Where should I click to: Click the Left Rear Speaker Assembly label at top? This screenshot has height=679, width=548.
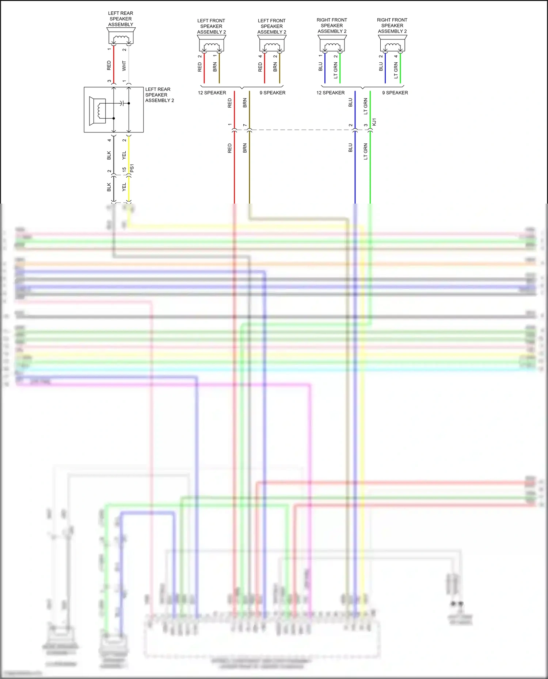tap(121, 19)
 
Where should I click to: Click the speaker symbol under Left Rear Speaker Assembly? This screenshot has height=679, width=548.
tap(121, 36)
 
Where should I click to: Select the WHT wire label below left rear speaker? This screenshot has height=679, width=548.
tap(124, 66)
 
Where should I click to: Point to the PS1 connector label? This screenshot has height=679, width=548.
tap(132, 168)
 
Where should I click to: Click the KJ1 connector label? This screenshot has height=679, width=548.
tap(374, 122)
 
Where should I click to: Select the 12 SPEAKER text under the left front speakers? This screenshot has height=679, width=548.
tap(212, 93)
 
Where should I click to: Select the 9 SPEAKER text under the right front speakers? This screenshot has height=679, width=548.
tap(395, 93)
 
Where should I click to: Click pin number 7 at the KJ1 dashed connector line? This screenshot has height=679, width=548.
tap(245, 125)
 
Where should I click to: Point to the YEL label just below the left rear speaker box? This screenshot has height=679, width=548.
tap(124, 155)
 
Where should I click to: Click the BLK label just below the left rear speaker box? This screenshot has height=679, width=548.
tap(109, 155)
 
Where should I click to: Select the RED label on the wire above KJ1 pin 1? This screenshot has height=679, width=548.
tap(230, 103)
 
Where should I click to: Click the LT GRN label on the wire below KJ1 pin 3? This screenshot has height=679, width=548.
tap(366, 151)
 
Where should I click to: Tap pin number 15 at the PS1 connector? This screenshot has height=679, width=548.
tap(124, 170)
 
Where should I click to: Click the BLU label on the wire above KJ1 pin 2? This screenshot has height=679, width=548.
tap(350, 103)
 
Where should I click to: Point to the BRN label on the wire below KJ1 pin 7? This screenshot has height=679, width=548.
tap(245, 148)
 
